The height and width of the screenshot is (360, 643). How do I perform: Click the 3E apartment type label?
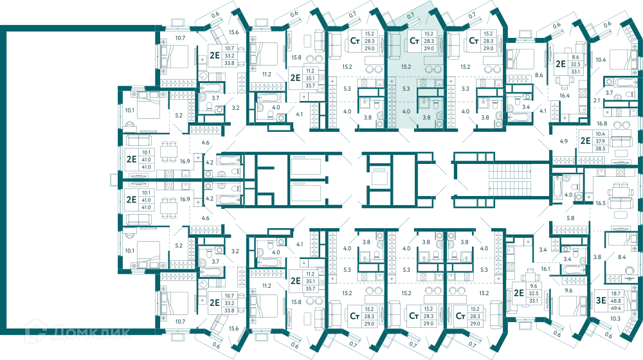(601, 301)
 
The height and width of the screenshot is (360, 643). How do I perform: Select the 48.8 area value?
(615, 301)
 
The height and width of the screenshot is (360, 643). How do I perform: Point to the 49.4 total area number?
(615, 308)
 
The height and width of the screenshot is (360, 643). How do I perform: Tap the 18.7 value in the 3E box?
(615, 294)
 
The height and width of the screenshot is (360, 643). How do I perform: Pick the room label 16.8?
(602, 123)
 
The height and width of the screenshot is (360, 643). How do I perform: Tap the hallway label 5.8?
(570, 218)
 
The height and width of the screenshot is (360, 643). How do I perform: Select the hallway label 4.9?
(563, 141)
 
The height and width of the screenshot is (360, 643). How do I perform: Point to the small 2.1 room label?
(597, 100)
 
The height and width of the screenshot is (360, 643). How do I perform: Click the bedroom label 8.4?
(622, 257)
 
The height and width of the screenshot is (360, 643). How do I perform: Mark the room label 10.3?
(615, 319)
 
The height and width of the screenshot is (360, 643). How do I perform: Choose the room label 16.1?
(545, 269)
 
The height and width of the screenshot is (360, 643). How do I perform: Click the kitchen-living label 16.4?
(565, 96)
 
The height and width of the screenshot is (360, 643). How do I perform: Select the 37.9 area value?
(601, 141)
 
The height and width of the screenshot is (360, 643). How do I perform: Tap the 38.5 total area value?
(601, 148)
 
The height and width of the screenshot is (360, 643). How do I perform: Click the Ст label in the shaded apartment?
(414, 41)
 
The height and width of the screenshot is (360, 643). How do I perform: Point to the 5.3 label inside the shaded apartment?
(406, 89)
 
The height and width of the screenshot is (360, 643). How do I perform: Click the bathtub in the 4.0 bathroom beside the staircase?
(557, 188)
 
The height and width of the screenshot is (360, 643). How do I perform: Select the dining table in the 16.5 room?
(617, 191)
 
